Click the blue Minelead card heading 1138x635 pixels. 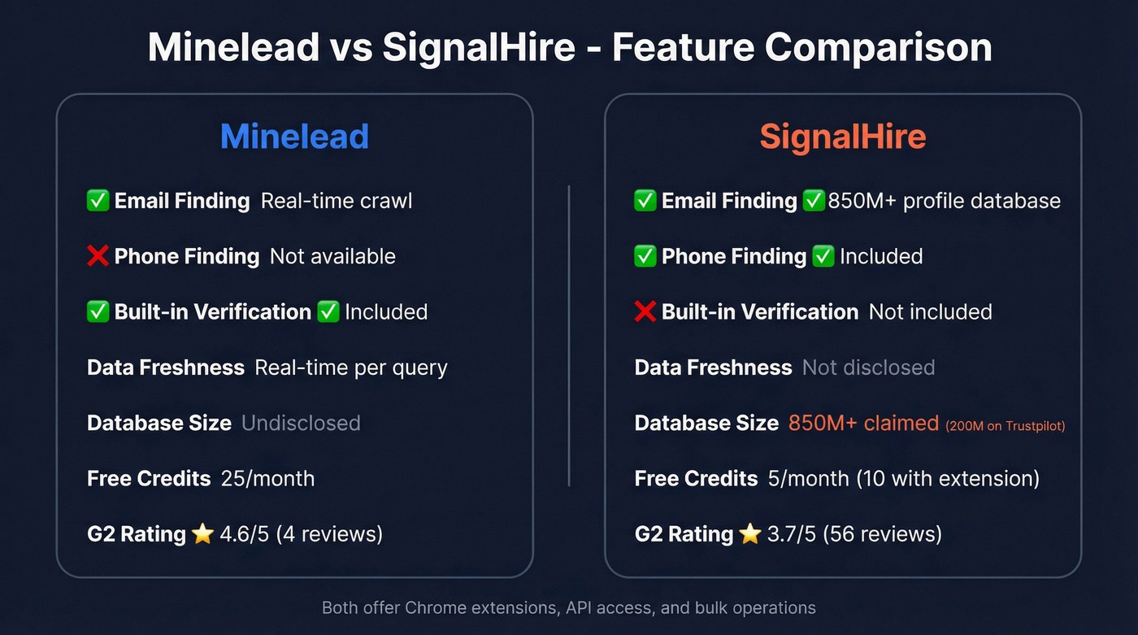coord(294,136)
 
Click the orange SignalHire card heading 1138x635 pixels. coord(843,136)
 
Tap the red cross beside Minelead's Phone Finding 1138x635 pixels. coord(98,256)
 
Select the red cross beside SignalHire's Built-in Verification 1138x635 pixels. coord(645,311)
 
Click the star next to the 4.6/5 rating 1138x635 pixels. coord(202,534)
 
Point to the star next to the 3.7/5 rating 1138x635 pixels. coord(749,534)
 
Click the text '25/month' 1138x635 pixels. coord(267,478)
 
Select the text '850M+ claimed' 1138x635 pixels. coord(863,423)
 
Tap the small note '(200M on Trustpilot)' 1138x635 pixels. coord(1005,425)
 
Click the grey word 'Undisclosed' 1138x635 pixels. coord(301,423)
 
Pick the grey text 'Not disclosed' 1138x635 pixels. coord(868,368)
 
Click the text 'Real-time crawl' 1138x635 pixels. coord(337,201)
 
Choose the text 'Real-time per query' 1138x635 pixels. coord(351,368)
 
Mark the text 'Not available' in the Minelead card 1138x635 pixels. coord(332,256)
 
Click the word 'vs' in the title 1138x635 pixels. coord(350,48)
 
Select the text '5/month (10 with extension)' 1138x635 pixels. coord(904,478)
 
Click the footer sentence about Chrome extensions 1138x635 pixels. coord(569,607)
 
